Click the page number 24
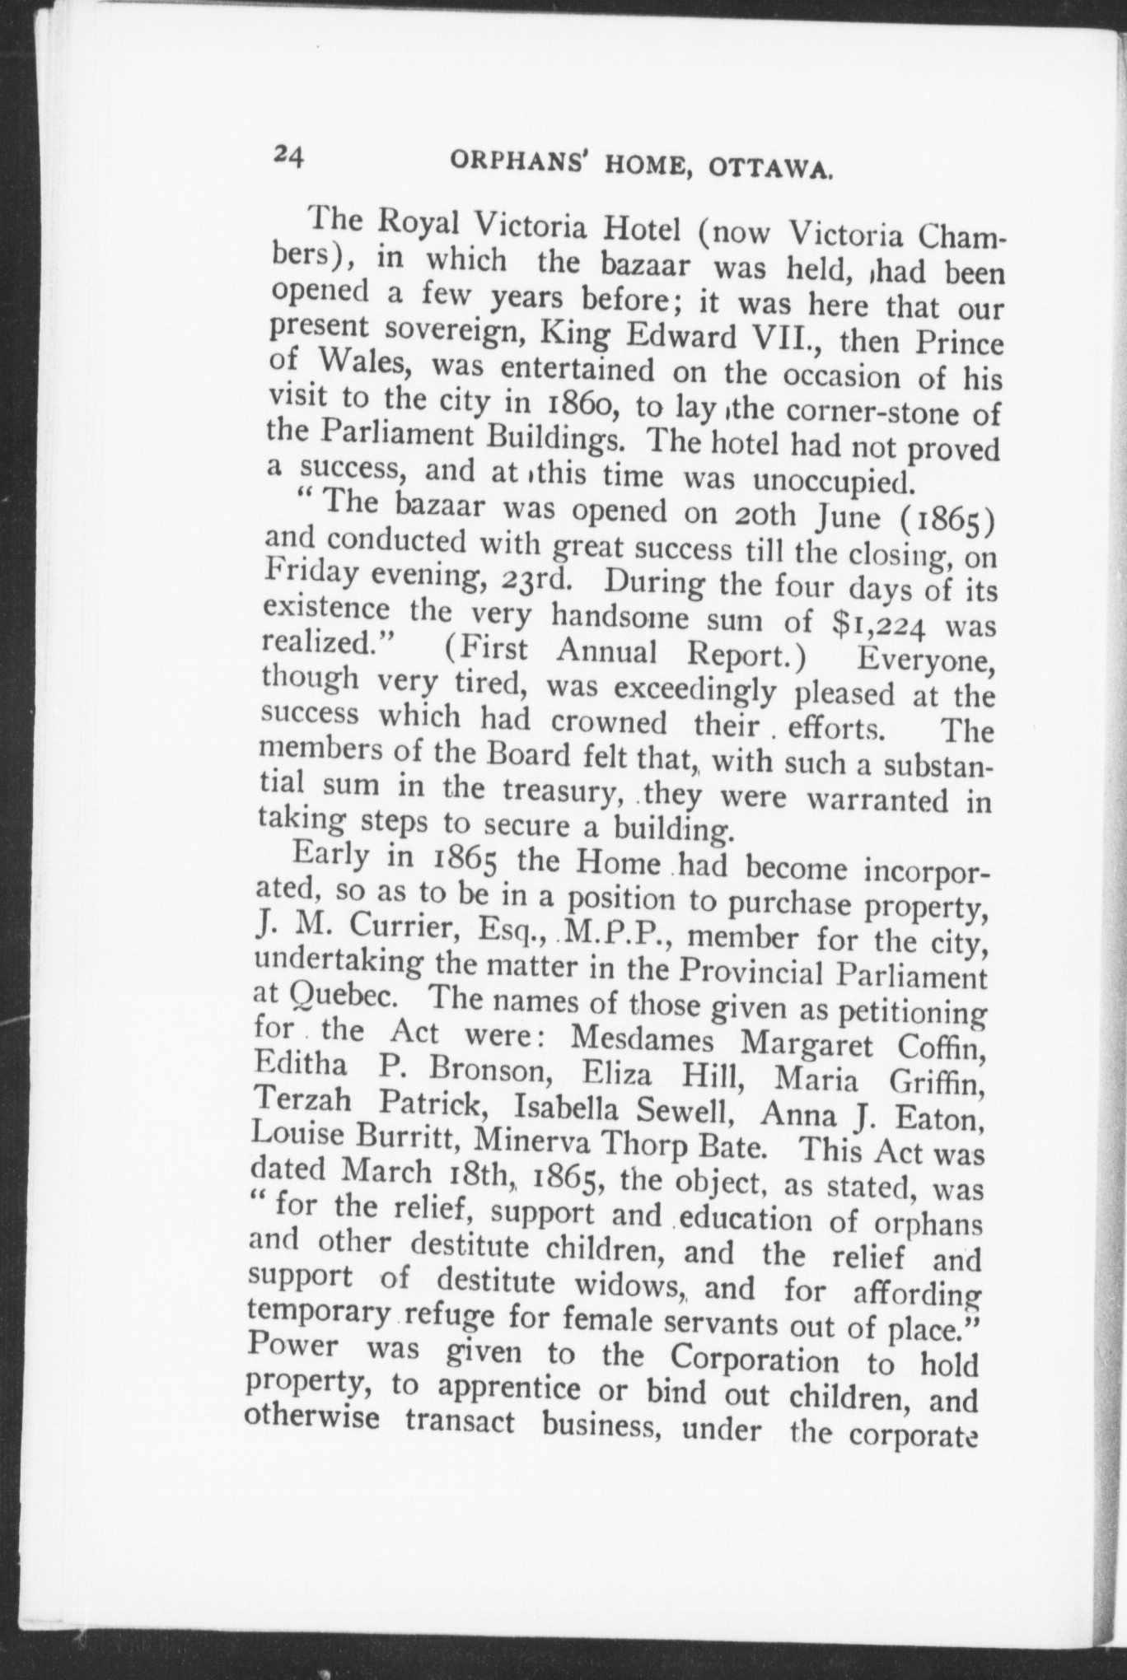coord(288,155)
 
